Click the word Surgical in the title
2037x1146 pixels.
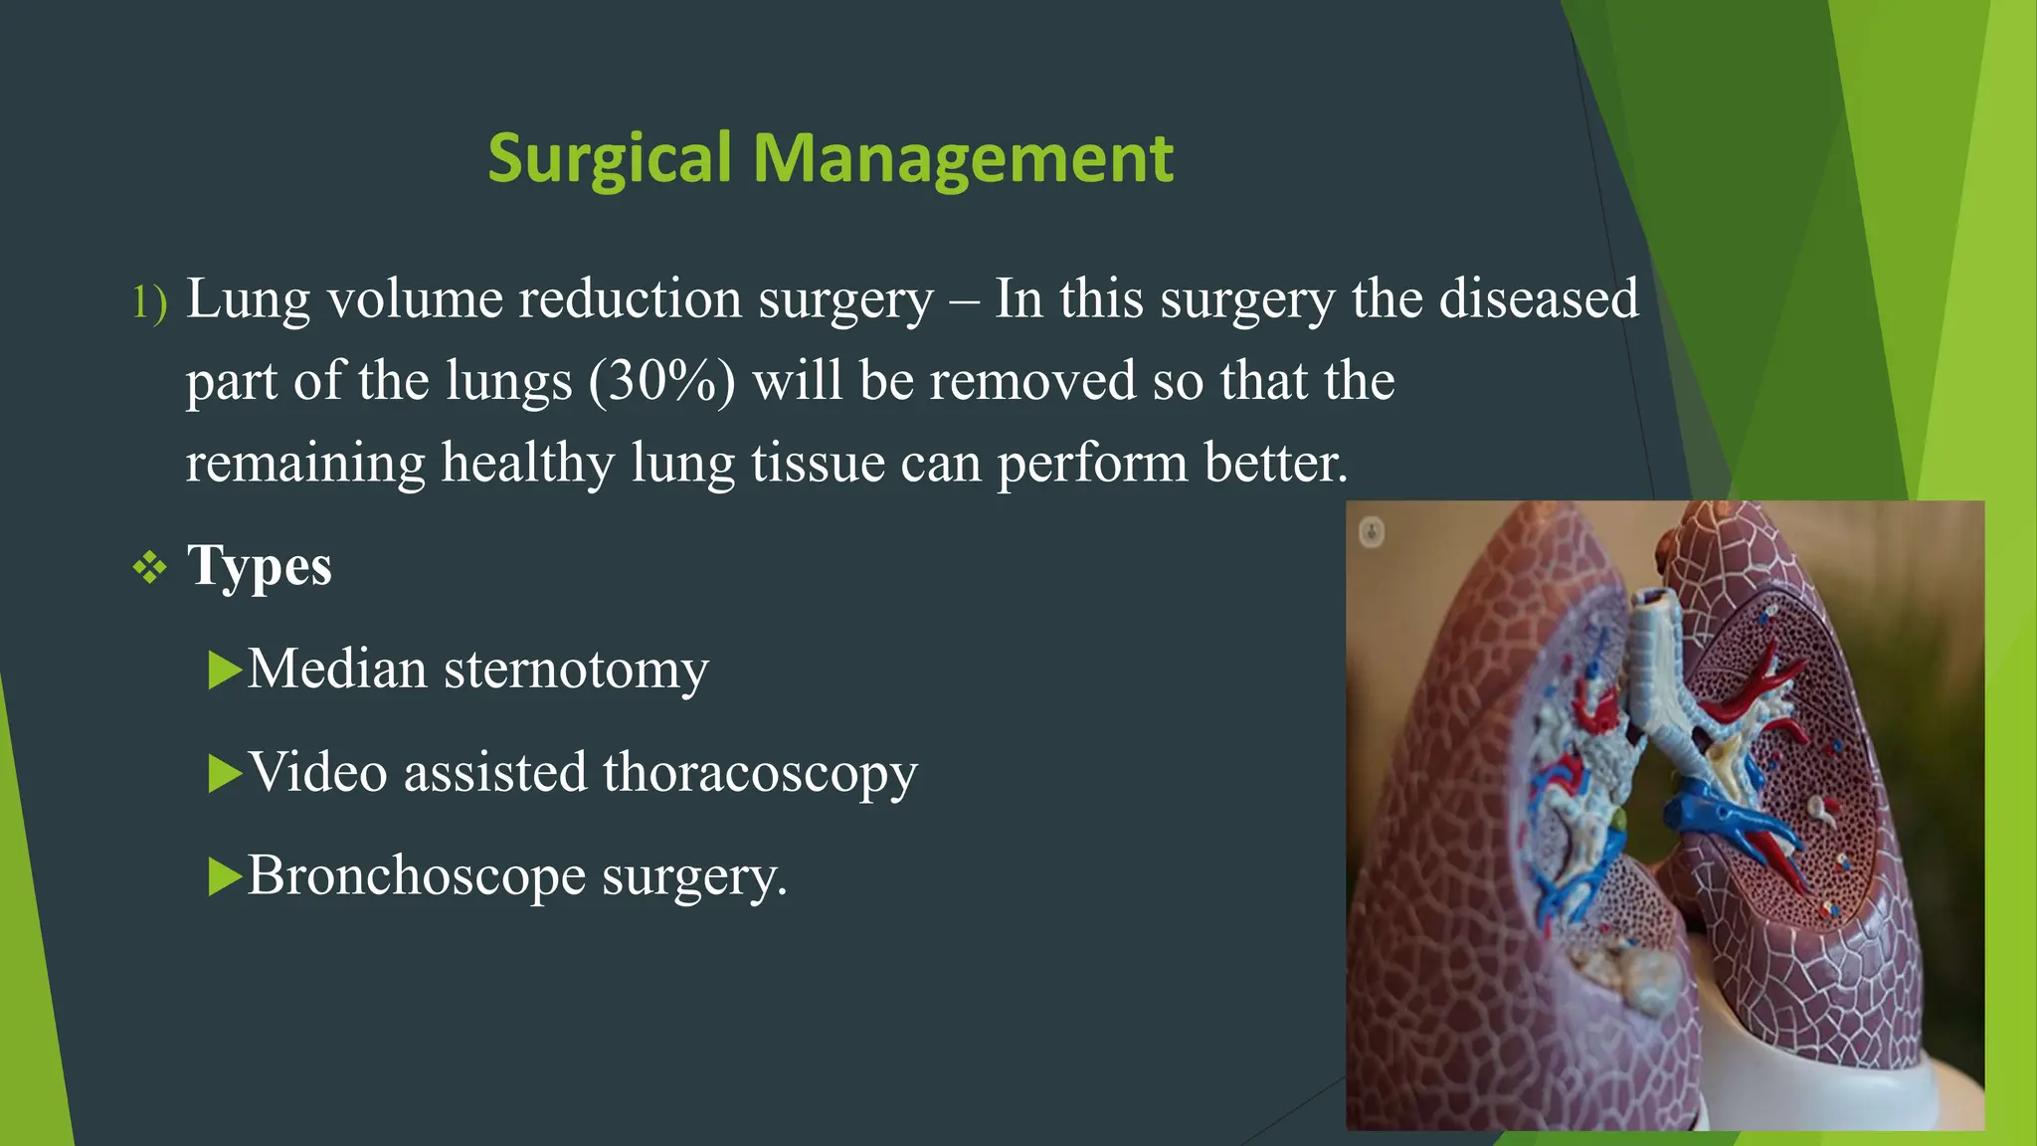click(609, 159)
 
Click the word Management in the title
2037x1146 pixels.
click(962, 159)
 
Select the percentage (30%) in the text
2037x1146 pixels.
click(662, 381)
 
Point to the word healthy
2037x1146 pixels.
click(527, 464)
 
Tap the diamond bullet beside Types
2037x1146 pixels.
click(149, 568)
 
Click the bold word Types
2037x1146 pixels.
click(260, 566)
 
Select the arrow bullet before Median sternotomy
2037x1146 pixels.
click(225, 669)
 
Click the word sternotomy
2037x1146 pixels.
click(576, 669)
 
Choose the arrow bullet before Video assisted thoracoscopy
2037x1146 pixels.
click(225, 773)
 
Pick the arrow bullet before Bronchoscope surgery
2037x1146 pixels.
click(225, 876)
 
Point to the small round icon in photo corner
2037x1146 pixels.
click(1372, 532)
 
